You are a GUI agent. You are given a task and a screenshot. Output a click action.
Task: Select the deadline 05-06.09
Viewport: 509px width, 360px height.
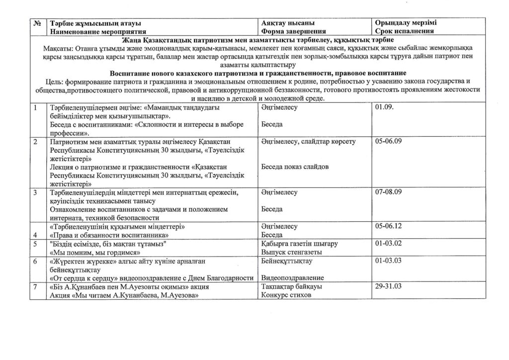coord(389,142)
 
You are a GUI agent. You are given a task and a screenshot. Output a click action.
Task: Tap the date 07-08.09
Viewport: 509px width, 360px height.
coord(389,192)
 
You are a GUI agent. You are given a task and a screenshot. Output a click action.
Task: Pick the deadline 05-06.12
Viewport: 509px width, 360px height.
coord(389,227)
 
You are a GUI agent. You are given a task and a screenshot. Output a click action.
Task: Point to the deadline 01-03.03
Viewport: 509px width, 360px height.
coord(389,261)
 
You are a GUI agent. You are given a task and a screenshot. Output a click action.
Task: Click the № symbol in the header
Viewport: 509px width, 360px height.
coord(36,23)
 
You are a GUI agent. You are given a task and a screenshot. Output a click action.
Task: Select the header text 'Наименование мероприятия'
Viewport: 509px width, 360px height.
coord(94,31)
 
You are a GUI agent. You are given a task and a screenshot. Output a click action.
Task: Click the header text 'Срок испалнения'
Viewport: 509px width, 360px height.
coord(406,31)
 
